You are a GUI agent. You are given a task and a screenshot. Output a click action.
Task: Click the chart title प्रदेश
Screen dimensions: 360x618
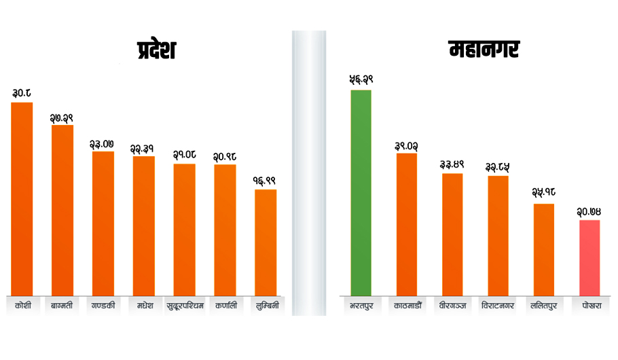[156, 52]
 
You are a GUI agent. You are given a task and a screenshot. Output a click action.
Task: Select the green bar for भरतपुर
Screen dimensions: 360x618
[361, 193]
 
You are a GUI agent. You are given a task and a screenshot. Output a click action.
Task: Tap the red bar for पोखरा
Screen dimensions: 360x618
[589, 257]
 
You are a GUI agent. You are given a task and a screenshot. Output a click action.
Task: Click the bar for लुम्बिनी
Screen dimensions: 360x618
[266, 242]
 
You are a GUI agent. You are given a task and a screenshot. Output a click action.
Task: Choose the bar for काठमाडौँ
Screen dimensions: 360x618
[407, 224]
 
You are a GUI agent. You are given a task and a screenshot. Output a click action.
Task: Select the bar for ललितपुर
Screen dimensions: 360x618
[543, 249]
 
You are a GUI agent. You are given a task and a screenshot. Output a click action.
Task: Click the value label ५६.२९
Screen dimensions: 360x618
[361, 79]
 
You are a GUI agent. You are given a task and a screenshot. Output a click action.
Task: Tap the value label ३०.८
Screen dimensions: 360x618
[22, 92]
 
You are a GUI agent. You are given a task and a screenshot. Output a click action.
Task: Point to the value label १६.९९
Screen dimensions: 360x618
[266, 181]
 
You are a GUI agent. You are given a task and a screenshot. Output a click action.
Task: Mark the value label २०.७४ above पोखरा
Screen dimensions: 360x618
[589, 211]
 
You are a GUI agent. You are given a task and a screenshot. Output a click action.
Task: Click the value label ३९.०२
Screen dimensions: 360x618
[407, 145]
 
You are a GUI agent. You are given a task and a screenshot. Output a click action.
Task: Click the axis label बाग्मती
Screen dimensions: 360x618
[62, 305]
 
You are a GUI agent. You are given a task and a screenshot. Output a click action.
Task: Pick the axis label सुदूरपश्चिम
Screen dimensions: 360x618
[184, 305]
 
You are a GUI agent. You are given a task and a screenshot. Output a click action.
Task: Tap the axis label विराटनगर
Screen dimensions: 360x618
[497, 306]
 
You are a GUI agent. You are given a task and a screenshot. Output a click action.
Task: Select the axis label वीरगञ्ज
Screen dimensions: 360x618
[452, 306]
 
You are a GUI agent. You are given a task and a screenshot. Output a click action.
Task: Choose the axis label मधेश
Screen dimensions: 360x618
[144, 305]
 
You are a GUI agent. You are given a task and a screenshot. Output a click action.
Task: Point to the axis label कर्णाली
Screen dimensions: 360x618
[225, 305]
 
